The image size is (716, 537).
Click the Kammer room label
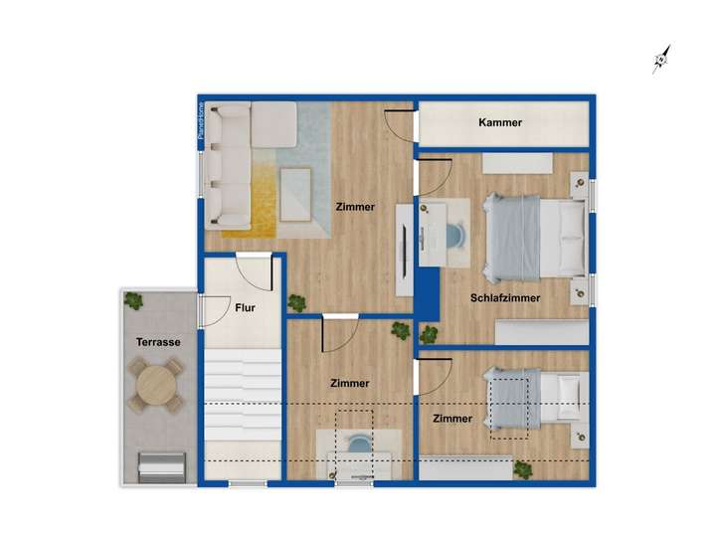[x=500, y=123]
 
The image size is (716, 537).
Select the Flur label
[x=245, y=308]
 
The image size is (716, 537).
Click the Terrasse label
[x=158, y=342]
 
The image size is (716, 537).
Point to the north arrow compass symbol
[x=658, y=61]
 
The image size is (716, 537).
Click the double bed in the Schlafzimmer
[x=532, y=236]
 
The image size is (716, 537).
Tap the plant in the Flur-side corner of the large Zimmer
[x=296, y=303]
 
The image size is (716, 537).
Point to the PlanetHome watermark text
[x=201, y=125]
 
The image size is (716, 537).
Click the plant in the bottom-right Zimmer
[x=523, y=467]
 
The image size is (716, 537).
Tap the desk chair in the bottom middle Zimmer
[x=355, y=444]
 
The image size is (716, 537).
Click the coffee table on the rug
[x=295, y=193]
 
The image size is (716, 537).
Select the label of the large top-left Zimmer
[x=355, y=208]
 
